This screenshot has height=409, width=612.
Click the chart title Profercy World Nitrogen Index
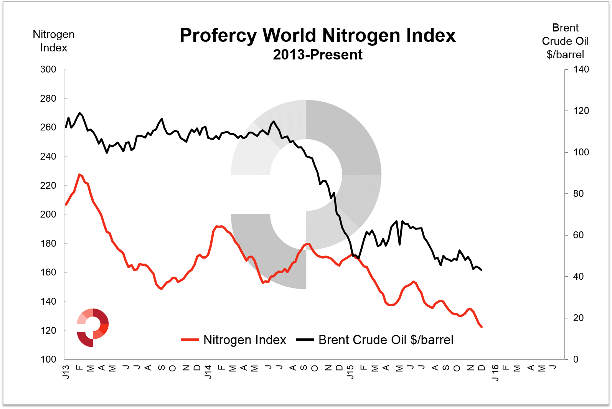tap(317, 35)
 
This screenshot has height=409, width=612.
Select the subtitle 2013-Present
tap(317, 55)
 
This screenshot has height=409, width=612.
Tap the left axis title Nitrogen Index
tap(54, 41)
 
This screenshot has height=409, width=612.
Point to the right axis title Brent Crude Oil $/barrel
tap(565, 41)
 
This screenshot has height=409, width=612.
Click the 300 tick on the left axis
tap(48, 69)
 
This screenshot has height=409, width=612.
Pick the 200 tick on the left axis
tap(48, 214)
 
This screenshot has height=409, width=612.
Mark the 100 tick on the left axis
tap(48, 360)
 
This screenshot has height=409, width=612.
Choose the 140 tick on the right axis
tap(581, 69)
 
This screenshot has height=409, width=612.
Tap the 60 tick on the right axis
tap(578, 235)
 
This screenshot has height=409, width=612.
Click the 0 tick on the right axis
tap(576, 360)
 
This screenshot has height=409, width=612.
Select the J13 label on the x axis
tap(66, 372)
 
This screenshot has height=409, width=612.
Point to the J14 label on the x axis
tap(208, 372)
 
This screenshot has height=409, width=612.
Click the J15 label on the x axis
tap(350, 372)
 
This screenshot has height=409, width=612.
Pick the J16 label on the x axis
tap(495, 373)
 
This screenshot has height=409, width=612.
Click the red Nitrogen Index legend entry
tap(234, 340)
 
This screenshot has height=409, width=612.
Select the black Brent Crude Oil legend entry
tap(375, 340)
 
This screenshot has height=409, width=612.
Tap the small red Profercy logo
tap(92, 327)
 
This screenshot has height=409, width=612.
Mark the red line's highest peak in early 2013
tap(79, 175)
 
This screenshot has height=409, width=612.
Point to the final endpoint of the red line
tap(482, 327)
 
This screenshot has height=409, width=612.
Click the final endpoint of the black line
tap(482, 270)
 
